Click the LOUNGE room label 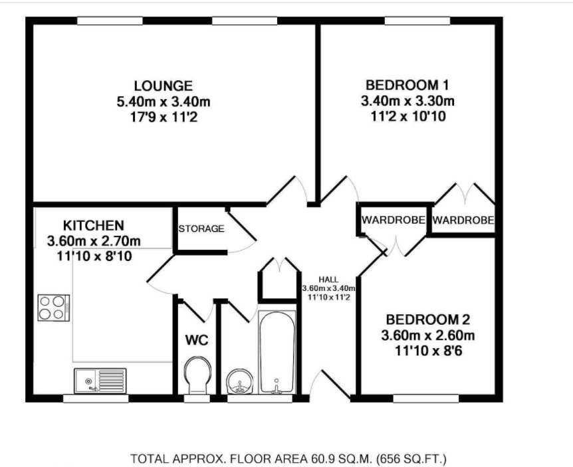pos(164,86)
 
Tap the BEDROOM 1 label pos(407,85)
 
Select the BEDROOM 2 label pos(428,320)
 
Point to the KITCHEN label pos(94,225)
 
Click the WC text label pos(197,340)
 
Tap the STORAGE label pos(201,229)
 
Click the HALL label pos(328,280)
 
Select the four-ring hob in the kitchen pos(54,308)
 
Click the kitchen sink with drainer pos(100,381)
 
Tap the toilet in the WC pos(197,375)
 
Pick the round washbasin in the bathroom pos(239,381)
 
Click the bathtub pos(277,352)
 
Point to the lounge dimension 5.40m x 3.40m pos(164,102)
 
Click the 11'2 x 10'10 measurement pos(408,116)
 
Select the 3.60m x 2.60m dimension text pos(428,335)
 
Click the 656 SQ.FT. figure pos(411,458)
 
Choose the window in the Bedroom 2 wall pos(426,399)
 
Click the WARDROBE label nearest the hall pos(394,220)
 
